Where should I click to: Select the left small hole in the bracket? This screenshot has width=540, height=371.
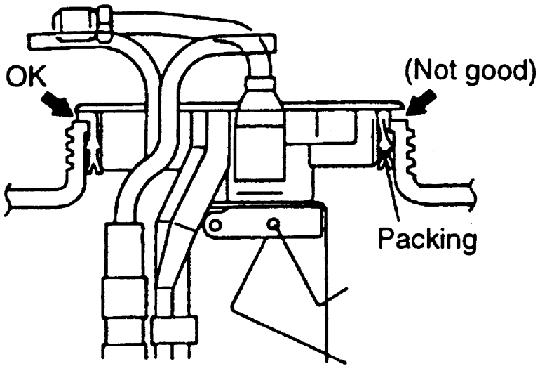tap(215, 226)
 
